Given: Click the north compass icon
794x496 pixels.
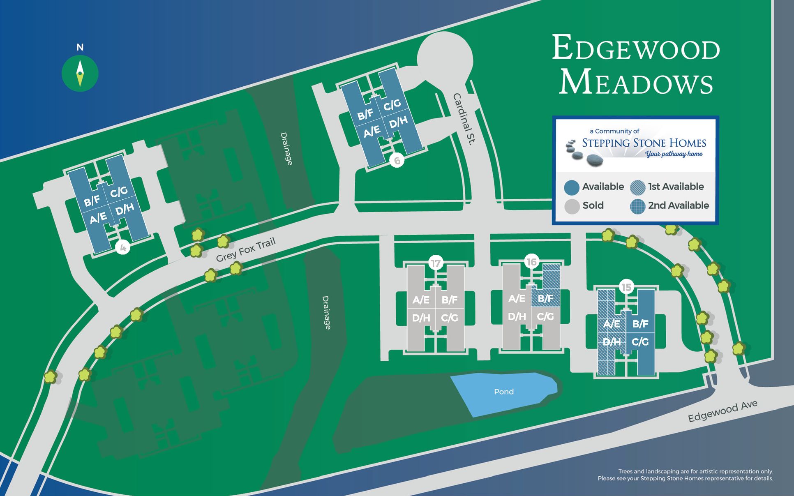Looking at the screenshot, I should point(80,73).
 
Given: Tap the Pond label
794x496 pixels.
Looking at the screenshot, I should point(503,392).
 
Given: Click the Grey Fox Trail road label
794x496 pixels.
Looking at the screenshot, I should point(245,250).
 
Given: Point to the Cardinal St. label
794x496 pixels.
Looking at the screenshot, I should point(464,119).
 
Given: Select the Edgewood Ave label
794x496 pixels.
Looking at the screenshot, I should point(722,411).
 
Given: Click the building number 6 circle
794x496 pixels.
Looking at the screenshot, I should point(397,160).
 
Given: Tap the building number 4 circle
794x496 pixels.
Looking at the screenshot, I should point(122,247).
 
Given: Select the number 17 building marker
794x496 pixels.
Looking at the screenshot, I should point(436,263).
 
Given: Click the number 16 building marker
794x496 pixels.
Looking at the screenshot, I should point(531,262).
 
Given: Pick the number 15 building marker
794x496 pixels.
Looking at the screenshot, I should point(626,287).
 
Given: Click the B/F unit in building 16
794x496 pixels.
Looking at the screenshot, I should point(545,298).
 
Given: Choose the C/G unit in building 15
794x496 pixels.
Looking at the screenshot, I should point(640,341).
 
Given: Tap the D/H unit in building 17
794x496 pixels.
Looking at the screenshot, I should point(421,318).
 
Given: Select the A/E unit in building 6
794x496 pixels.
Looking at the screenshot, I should point(372,131).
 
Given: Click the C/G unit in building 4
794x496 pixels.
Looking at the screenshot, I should point(119,191).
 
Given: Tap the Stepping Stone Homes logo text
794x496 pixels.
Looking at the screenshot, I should point(644,143).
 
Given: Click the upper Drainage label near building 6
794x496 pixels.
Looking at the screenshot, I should point(286,148).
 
